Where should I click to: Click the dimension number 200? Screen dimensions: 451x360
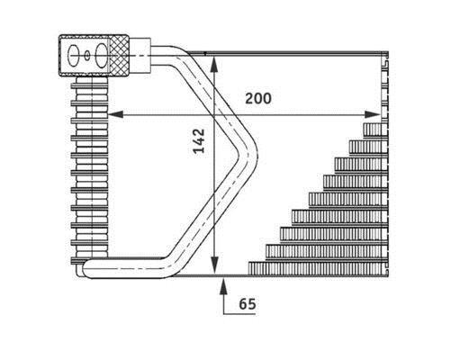[x=258, y=98]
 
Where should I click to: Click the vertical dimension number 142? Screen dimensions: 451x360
[x=199, y=140]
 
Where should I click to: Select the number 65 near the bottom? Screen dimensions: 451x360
[x=248, y=304]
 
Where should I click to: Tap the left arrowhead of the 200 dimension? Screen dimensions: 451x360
[x=115, y=114]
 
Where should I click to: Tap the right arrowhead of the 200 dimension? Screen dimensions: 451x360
[x=373, y=114]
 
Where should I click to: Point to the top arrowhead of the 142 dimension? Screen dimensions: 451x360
[x=214, y=64]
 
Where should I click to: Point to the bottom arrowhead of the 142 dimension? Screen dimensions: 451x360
[x=214, y=265]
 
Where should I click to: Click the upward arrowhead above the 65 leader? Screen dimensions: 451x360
[x=223, y=286]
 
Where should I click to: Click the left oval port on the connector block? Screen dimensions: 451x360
[x=74, y=56]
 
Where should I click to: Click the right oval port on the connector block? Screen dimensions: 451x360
[x=102, y=56]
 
